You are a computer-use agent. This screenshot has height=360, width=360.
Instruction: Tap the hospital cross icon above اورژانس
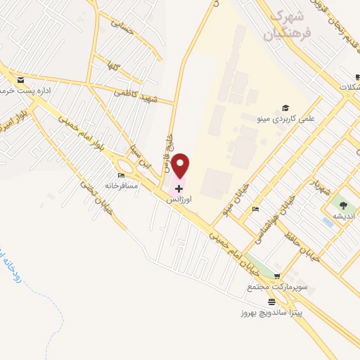(179, 188)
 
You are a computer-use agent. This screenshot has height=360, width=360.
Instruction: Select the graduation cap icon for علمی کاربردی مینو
(285, 108)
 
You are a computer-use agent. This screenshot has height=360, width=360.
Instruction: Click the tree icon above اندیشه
(344, 205)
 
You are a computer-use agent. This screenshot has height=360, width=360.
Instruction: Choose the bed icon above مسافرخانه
(121, 175)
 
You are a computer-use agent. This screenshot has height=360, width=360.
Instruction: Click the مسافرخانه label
(122, 186)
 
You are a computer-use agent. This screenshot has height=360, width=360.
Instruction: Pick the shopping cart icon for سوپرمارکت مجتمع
(277, 276)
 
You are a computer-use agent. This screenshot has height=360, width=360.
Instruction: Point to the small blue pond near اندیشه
(328, 221)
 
